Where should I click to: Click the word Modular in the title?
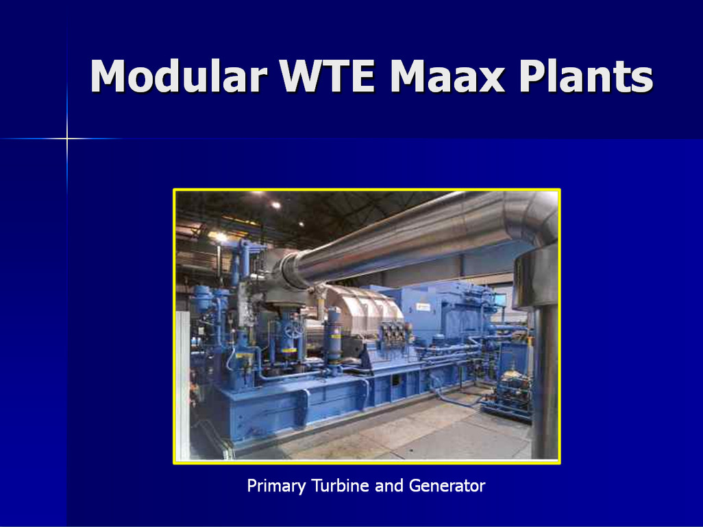(179, 76)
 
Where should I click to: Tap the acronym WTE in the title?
(327, 75)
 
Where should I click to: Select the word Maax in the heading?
(447, 76)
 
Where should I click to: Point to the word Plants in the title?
(586, 76)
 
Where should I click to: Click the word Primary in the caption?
(276, 486)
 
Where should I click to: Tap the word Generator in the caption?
(447, 485)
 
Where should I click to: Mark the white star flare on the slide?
(66, 138)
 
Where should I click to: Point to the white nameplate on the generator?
(422, 307)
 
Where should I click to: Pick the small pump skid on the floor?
(511, 395)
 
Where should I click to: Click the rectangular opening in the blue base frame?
(397, 381)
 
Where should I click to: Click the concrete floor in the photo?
(404, 431)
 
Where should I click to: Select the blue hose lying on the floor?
(457, 398)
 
